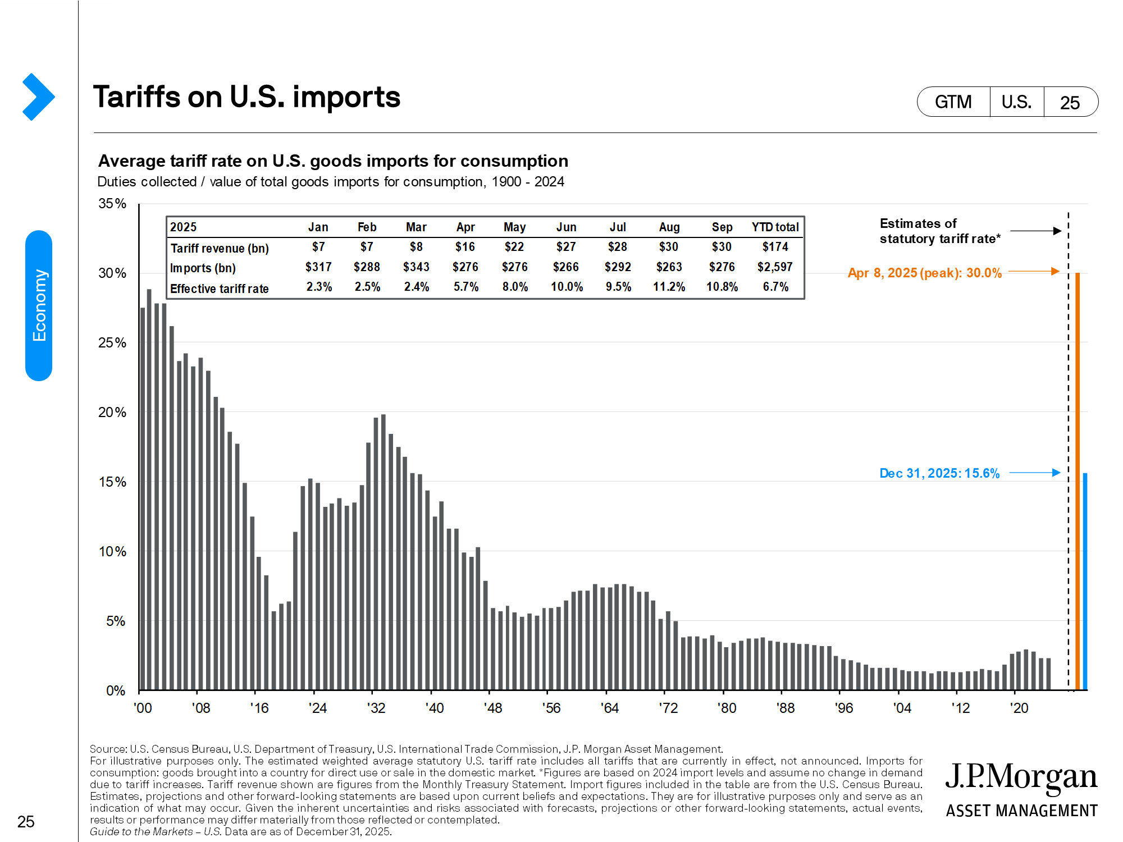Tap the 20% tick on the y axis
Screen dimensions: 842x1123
tap(112, 413)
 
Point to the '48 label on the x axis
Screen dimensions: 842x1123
tap(493, 708)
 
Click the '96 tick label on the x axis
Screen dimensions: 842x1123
tap(843, 708)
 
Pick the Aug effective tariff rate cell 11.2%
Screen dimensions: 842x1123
tap(669, 287)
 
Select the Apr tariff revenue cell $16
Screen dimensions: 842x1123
tap(465, 247)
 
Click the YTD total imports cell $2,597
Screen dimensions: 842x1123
tap(775, 267)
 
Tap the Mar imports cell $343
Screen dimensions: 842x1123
tap(416, 267)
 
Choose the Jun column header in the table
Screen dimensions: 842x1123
tap(566, 227)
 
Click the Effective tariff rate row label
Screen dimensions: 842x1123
tap(219, 289)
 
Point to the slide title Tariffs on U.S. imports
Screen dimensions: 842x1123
tap(246, 97)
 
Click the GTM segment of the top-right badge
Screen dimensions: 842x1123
tap(953, 102)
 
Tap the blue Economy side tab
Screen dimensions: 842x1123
tap(39, 305)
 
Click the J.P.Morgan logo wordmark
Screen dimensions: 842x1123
tap(1021, 778)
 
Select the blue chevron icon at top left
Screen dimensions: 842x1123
tap(38, 97)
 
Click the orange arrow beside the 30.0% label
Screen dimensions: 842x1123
tap(1034, 272)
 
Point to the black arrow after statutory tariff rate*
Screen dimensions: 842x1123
tap(1035, 231)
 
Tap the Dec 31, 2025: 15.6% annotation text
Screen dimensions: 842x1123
tap(939, 473)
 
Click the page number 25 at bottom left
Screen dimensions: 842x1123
tap(26, 822)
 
